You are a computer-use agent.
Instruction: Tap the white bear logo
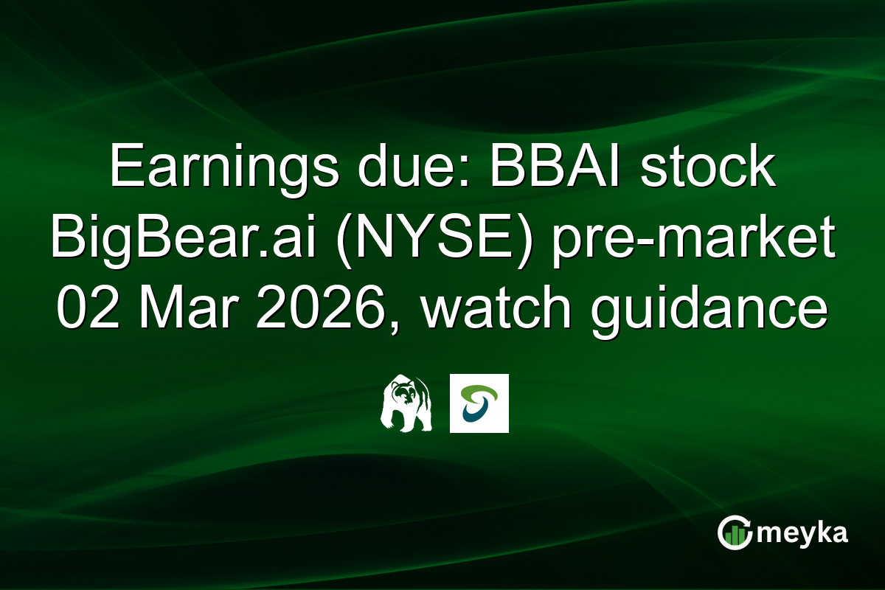coord(405,403)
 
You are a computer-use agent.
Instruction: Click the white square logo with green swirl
coord(479,403)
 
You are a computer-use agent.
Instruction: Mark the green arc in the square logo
coord(483,391)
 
